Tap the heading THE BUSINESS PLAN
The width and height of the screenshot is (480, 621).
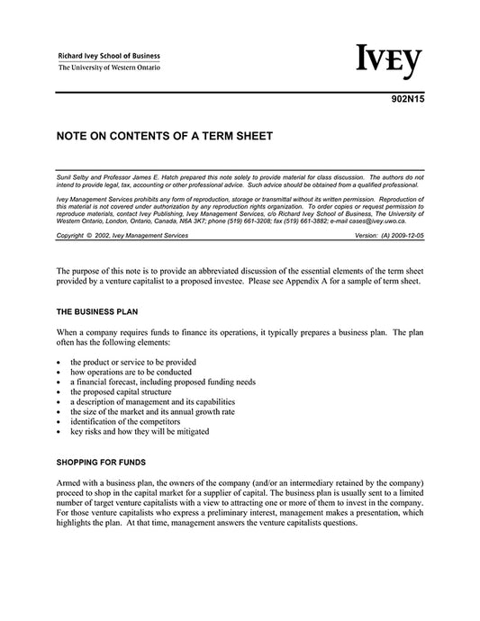coord(95,310)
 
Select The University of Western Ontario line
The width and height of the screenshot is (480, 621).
coord(109,67)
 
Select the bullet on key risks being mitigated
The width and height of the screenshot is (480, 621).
coord(140,431)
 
